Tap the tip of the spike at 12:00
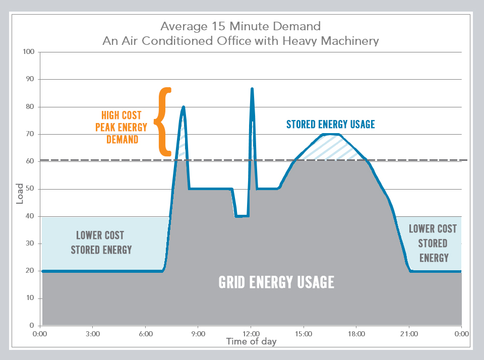coord(252,89)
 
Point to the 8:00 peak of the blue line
coord(184,107)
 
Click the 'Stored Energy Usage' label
coord(330,124)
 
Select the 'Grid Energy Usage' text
coord(276,282)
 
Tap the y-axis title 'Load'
coord(20,195)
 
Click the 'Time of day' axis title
coord(251,341)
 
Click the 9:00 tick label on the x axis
coord(198,333)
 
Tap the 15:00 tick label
coord(304,333)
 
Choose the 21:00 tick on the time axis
coord(409,333)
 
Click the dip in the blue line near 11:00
coord(241,216)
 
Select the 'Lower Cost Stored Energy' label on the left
coord(101,242)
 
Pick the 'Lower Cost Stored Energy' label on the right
coord(433,243)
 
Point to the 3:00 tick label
coord(93,333)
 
